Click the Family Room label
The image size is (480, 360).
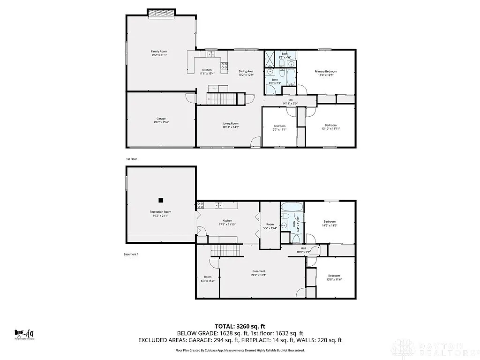pos(159,53)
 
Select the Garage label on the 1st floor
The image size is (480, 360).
pos(161,120)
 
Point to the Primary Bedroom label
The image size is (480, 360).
pos(325,74)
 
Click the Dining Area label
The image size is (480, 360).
pos(246,73)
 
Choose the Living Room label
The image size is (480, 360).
pos(231,125)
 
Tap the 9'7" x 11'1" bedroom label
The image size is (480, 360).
pos(279,127)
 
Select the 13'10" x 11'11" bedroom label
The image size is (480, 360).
pos(330,127)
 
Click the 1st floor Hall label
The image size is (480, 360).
pos(290,101)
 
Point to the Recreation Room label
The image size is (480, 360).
pos(161,214)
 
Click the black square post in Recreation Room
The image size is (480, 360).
pos(161,200)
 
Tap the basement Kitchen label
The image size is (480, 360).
pos(227,222)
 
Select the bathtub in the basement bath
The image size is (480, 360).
pos(292,207)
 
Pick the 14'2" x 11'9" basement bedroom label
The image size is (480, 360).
pos(330,224)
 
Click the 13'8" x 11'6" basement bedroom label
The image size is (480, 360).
pos(334,277)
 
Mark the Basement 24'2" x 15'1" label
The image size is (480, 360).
pos(259,273)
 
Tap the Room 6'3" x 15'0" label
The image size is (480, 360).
pos(208,279)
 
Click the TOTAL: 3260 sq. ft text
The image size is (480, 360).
pos(240,326)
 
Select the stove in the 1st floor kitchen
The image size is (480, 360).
pos(224,66)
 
